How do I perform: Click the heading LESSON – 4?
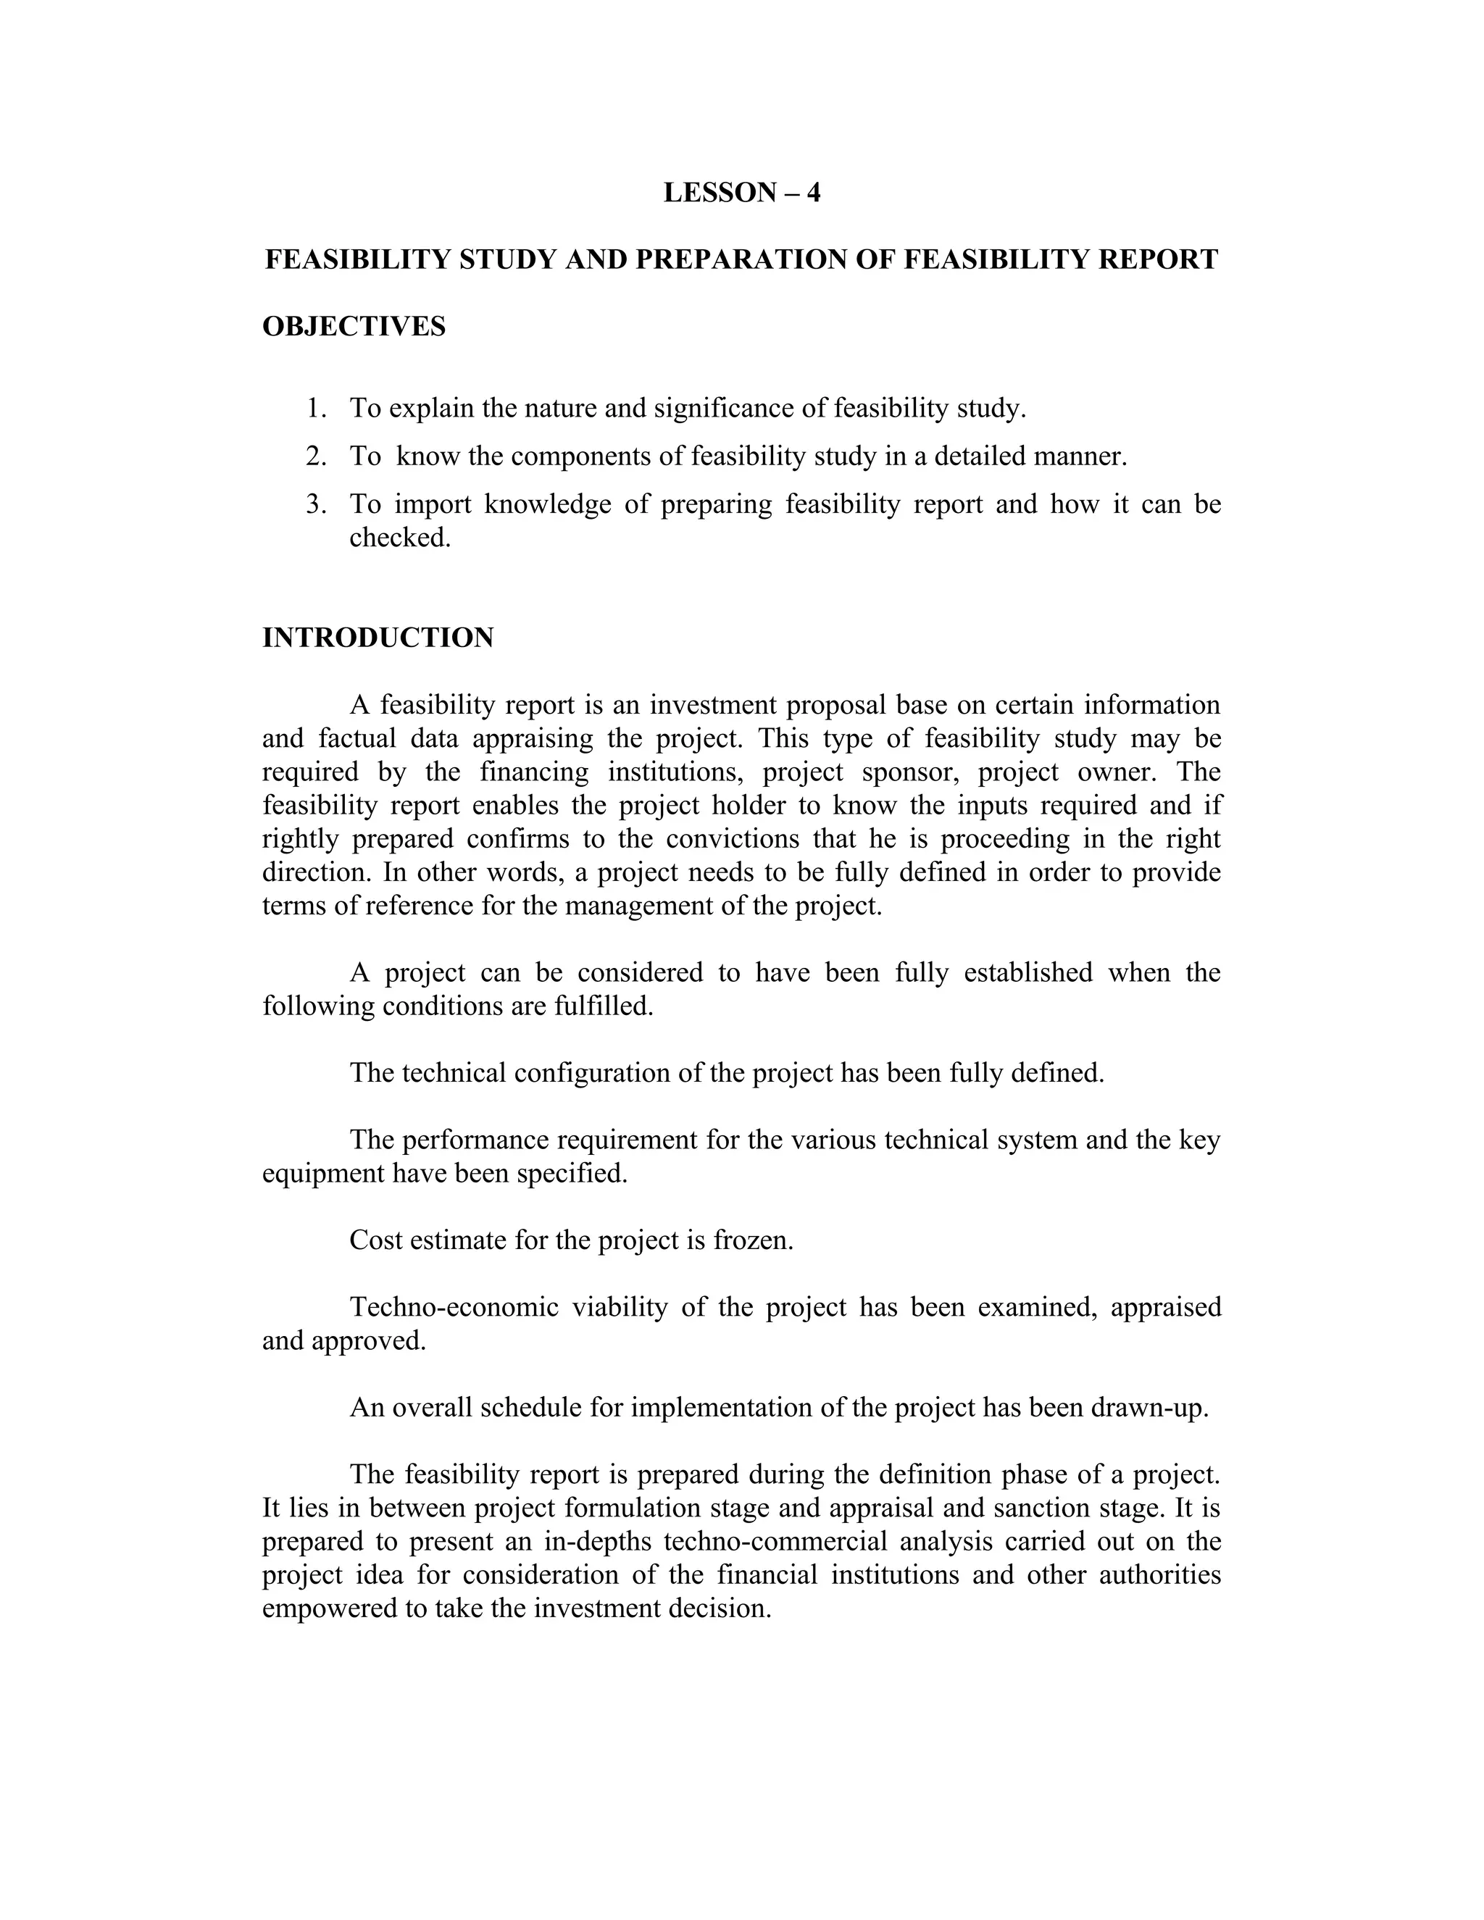(x=741, y=193)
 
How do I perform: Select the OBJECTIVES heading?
(x=354, y=326)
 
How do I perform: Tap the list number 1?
(x=316, y=409)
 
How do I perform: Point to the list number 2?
(x=316, y=456)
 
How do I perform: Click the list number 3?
(x=316, y=504)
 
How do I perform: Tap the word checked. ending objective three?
(x=400, y=537)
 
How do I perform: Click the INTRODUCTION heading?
(x=378, y=638)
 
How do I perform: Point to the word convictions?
(x=733, y=839)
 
